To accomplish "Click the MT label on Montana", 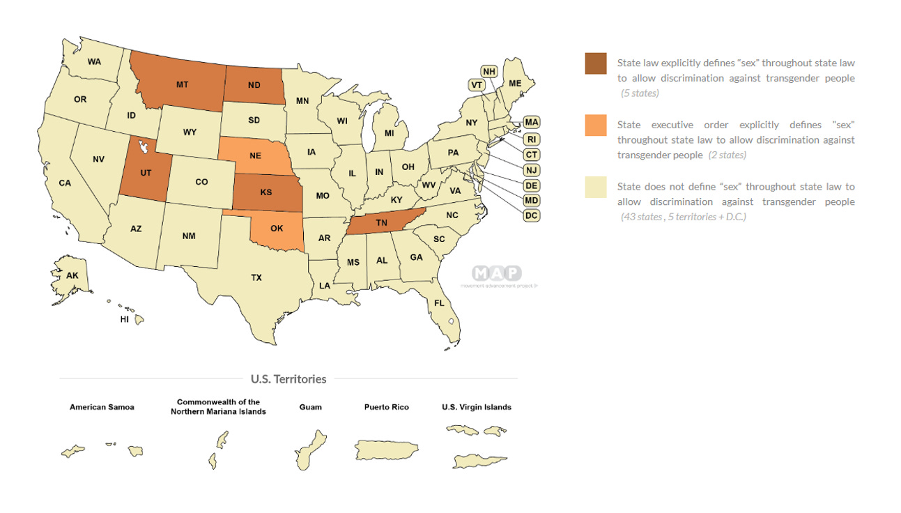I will (182, 84).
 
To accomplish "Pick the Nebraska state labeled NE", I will (255, 155).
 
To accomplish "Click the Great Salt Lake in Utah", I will (144, 146).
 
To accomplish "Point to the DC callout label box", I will (532, 215).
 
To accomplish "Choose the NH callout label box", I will (490, 71).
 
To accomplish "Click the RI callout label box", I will (532, 139).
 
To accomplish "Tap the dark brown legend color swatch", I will (595, 63).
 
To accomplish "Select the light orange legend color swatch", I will (595, 125).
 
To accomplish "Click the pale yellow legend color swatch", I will (595, 187).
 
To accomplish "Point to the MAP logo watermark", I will (496, 273).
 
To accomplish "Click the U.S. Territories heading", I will (288, 379).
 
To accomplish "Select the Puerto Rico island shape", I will (386, 450).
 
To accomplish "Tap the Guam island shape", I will (310, 448).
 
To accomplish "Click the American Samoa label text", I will (102, 407).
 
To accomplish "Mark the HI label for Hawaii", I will (125, 319).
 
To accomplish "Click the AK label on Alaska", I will (72, 275).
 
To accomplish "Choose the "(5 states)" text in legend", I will (640, 93).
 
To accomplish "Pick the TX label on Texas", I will (256, 277).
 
